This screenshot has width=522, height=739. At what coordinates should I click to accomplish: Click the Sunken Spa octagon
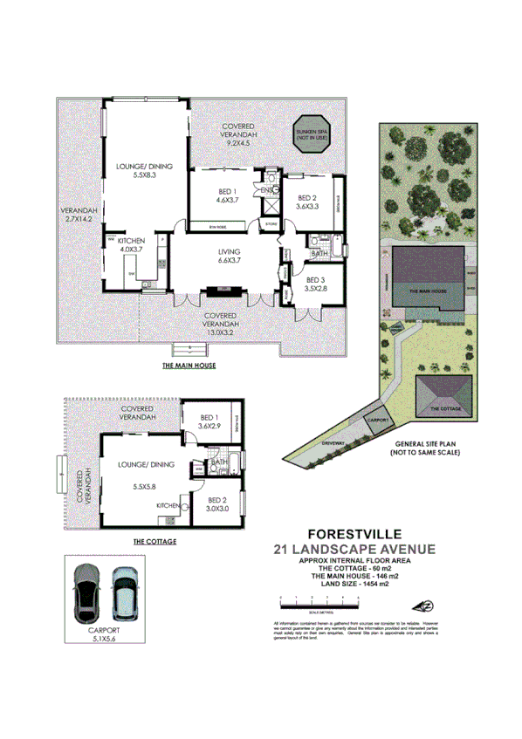pos(310,133)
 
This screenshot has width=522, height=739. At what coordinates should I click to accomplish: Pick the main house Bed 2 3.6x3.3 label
pos(308,202)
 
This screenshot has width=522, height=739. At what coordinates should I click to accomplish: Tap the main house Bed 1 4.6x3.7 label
pos(228,195)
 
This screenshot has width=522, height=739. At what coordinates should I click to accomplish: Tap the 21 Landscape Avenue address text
pos(354,549)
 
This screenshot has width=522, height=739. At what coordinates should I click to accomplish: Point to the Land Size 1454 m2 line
pos(353,584)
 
